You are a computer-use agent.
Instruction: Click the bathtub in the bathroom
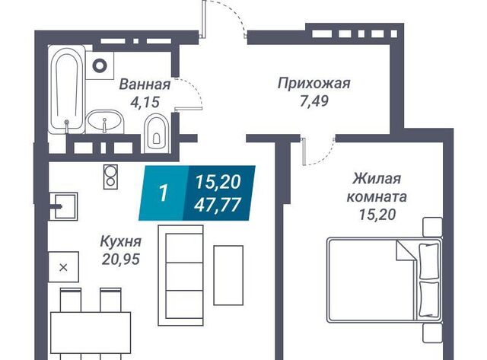67,89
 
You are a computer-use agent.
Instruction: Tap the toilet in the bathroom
157,133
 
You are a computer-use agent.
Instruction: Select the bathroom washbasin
105,122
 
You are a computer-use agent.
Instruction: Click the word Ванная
145,84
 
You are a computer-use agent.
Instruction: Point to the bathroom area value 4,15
145,102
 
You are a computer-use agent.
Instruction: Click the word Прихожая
314,84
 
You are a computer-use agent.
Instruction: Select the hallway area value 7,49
314,101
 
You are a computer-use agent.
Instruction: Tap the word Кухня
121,241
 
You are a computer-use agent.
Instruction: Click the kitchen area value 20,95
121,260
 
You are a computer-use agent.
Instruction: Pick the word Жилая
377,179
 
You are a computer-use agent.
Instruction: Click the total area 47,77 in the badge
218,205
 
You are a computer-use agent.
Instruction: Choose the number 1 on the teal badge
164,193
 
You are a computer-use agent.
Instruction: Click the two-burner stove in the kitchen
110,177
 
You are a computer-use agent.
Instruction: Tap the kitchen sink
64,206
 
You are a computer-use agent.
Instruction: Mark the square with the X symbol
63,267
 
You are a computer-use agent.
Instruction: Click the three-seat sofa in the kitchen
181,276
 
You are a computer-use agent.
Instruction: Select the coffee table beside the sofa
228,276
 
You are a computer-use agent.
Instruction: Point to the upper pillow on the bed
429,261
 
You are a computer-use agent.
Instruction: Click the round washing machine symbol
100,65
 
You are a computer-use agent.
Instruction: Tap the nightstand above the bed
433,227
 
